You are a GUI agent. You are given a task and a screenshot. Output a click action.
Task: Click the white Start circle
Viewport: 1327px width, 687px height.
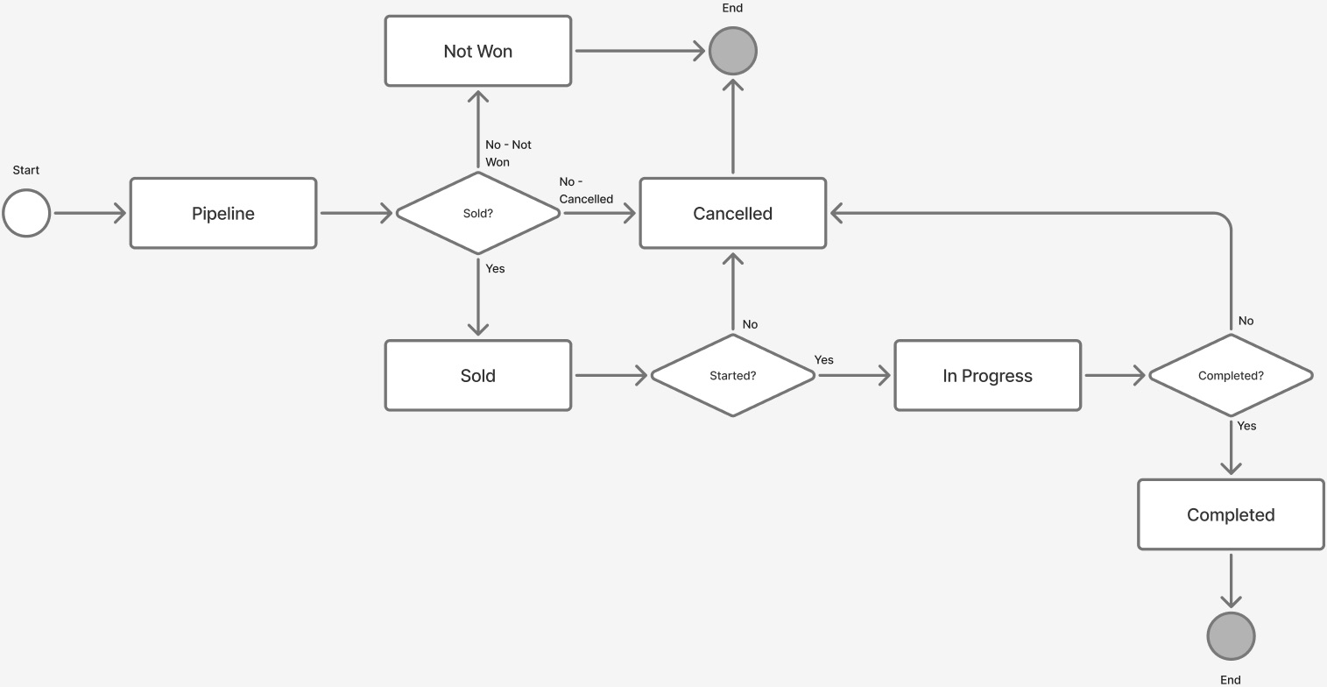[26, 213]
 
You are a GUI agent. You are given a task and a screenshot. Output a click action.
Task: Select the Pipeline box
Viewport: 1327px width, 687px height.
[223, 213]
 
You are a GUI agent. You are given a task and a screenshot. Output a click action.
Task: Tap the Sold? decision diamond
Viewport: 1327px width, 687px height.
[477, 213]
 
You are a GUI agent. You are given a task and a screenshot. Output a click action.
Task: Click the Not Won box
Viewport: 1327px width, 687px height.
[477, 51]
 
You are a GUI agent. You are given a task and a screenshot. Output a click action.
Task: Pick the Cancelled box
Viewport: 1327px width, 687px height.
[732, 213]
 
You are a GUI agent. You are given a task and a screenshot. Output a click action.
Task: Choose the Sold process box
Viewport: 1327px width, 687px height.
[477, 375]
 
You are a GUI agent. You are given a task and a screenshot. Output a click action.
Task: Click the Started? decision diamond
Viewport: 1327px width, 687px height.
[732, 375]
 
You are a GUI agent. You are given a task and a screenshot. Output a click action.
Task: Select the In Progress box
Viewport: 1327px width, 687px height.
[987, 375]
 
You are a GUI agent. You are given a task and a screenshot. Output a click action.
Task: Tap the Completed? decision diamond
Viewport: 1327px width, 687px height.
[1230, 375]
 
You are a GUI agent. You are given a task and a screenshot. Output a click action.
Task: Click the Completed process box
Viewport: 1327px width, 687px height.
[1230, 514]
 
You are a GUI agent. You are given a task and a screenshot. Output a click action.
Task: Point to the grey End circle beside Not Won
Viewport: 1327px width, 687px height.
[732, 51]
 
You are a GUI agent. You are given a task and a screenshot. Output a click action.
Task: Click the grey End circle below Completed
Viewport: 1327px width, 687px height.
[1230, 635]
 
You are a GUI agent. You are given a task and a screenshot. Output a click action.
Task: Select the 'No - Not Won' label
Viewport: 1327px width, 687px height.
[507, 153]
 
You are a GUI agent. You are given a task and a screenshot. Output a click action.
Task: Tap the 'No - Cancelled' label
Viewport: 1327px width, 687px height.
[585, 190]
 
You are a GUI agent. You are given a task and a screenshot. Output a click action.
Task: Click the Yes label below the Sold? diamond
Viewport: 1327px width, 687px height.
[495, 269]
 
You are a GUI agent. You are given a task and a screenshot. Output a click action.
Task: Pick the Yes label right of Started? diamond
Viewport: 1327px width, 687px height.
[823, 360]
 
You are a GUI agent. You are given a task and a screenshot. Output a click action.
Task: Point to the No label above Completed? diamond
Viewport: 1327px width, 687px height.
[1245, 321]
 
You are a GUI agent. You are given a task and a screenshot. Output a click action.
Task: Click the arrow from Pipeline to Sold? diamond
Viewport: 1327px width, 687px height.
[355, 213]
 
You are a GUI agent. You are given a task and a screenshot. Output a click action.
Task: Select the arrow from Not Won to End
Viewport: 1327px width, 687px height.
[639, 51]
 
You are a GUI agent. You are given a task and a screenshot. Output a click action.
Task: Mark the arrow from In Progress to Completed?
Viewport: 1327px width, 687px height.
[1114, 375]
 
